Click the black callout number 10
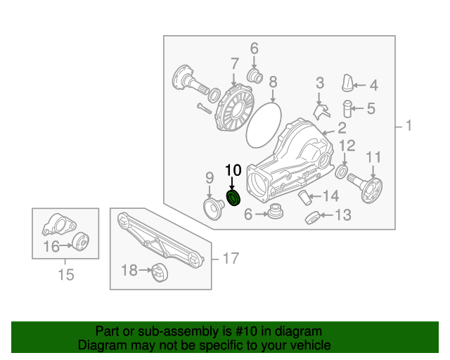click(x=233, y=170)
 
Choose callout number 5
click(x=371, y=108)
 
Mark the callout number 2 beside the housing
click(x=342, y=128)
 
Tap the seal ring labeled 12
click(x=342, y=172)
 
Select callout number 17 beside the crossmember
click(x=231, y=259)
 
